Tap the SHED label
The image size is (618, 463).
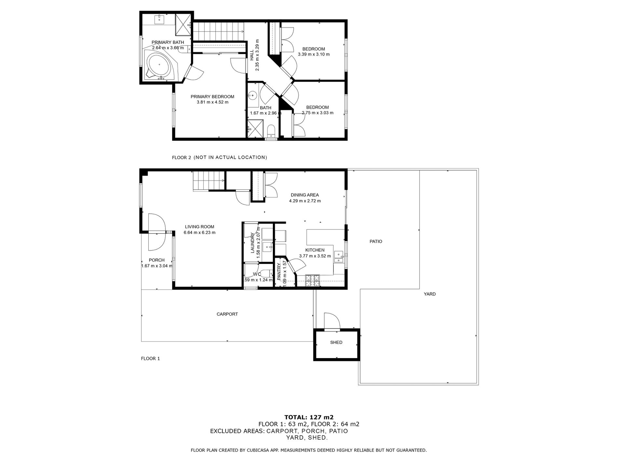click(x=336, y=342)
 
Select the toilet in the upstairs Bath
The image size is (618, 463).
click(x=271, y=131)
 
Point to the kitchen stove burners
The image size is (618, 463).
click(x=313, y=280)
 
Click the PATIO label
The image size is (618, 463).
click(x=376, y=241)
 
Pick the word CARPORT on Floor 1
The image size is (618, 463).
click(x=227, y=314)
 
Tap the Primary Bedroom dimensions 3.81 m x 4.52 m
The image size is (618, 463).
click(x=212, y=102)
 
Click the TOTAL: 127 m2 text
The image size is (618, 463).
click(x=309, y=417)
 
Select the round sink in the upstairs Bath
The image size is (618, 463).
click(x=252, y=96)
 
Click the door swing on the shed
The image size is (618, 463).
click(x=332, y=321)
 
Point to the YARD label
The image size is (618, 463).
click(x=430, y=294)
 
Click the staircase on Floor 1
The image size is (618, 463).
click(x=208, y=181)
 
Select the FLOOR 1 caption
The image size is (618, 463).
click(x=150, y=359)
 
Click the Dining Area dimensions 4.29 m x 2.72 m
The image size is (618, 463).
click(x=305, y=201)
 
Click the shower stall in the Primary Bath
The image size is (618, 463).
click(x=183, y=25)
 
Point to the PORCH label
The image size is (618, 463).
click(x=157, y=260)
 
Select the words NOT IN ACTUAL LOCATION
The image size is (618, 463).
click(x=230, y=157)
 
